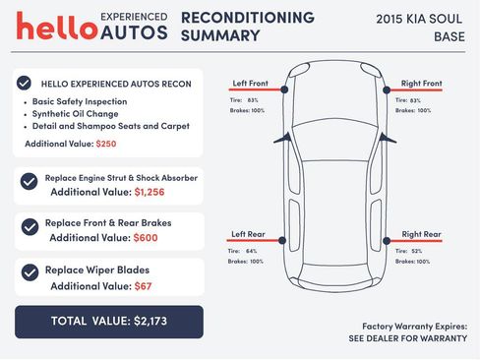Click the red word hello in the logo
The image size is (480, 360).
coord(56,27)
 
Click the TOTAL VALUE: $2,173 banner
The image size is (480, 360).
coord(108,321)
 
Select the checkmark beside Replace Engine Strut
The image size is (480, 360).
coord(30,180)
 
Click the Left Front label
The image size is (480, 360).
coord(251,83)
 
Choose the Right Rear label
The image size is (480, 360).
coord(421,234)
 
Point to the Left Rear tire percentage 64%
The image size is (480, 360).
coord(253,251)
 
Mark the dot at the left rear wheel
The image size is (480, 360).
coord(284,241)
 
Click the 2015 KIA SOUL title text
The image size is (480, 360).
coord(421,19)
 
